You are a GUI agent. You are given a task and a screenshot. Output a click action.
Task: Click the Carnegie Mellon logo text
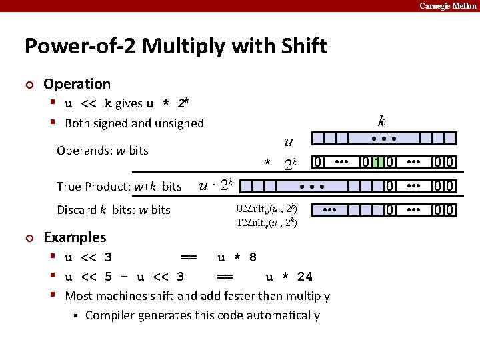[447, 6]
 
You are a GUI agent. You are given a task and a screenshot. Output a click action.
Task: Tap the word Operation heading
[77, 84]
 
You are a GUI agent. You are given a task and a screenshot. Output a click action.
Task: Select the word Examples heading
[75, 237]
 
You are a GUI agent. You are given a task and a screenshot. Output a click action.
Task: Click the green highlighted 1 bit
[377, 163]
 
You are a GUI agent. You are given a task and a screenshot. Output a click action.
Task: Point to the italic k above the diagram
[381, 121]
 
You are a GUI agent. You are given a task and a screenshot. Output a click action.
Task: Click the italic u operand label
[288, 141]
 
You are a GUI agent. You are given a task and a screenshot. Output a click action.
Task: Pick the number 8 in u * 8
[252, 257]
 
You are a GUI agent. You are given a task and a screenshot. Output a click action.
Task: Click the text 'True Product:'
[94, 187]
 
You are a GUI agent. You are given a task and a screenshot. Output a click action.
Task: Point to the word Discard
[76, 210]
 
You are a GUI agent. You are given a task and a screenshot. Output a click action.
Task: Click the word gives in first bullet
[129, 104]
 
